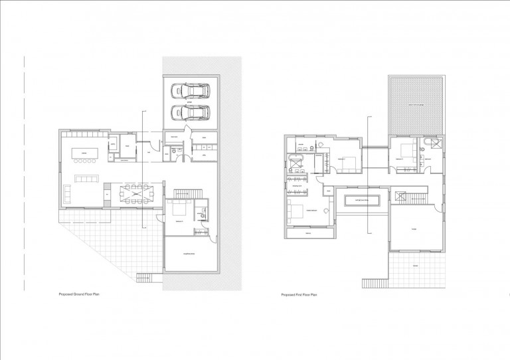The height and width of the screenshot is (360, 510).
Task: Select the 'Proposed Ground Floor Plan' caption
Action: coord(84,293)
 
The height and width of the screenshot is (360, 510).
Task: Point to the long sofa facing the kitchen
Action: coord(87,179)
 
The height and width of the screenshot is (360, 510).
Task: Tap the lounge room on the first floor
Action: coord(414,229)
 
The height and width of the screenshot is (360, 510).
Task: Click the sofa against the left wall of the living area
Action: coord(68,193)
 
